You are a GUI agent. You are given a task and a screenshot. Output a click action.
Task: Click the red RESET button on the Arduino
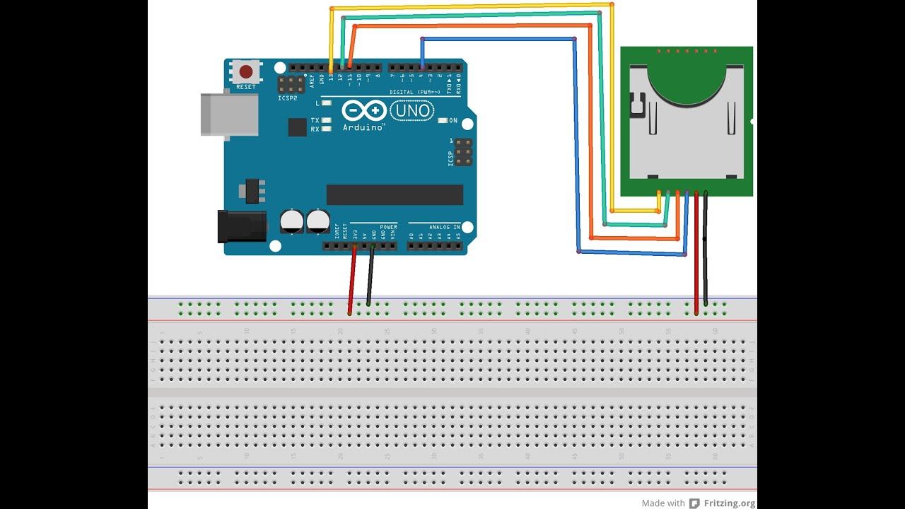(246, 71)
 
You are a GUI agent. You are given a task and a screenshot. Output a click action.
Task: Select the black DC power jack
(241, 226)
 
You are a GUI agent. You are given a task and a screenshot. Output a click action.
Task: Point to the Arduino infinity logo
(364, 111)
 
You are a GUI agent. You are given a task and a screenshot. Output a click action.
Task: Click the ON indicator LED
(442, 120)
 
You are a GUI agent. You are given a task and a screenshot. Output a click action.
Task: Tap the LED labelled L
(327, 103)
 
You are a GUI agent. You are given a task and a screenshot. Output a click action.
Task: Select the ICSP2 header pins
(291, 85)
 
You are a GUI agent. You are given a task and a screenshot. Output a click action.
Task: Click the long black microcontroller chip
(395, 195)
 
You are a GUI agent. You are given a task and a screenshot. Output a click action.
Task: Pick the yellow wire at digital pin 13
(331, 42)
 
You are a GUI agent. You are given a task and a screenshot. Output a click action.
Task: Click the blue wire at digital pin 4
(422, 53)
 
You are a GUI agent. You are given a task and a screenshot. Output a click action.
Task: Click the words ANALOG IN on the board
(446, 228)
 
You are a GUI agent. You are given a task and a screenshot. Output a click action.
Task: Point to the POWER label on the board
(388, 228)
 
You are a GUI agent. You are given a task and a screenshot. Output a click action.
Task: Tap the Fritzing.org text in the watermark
(730, 503)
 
